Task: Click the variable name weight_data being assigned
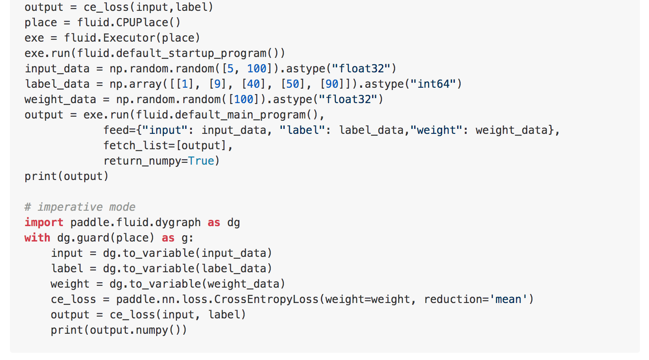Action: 60,99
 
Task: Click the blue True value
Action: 201,161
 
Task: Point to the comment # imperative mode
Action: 80,207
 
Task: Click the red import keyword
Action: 44,222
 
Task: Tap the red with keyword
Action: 37,237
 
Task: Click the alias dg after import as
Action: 234,222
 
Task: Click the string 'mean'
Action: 508,299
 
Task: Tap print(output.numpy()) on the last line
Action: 119,330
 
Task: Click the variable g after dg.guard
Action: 184,237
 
